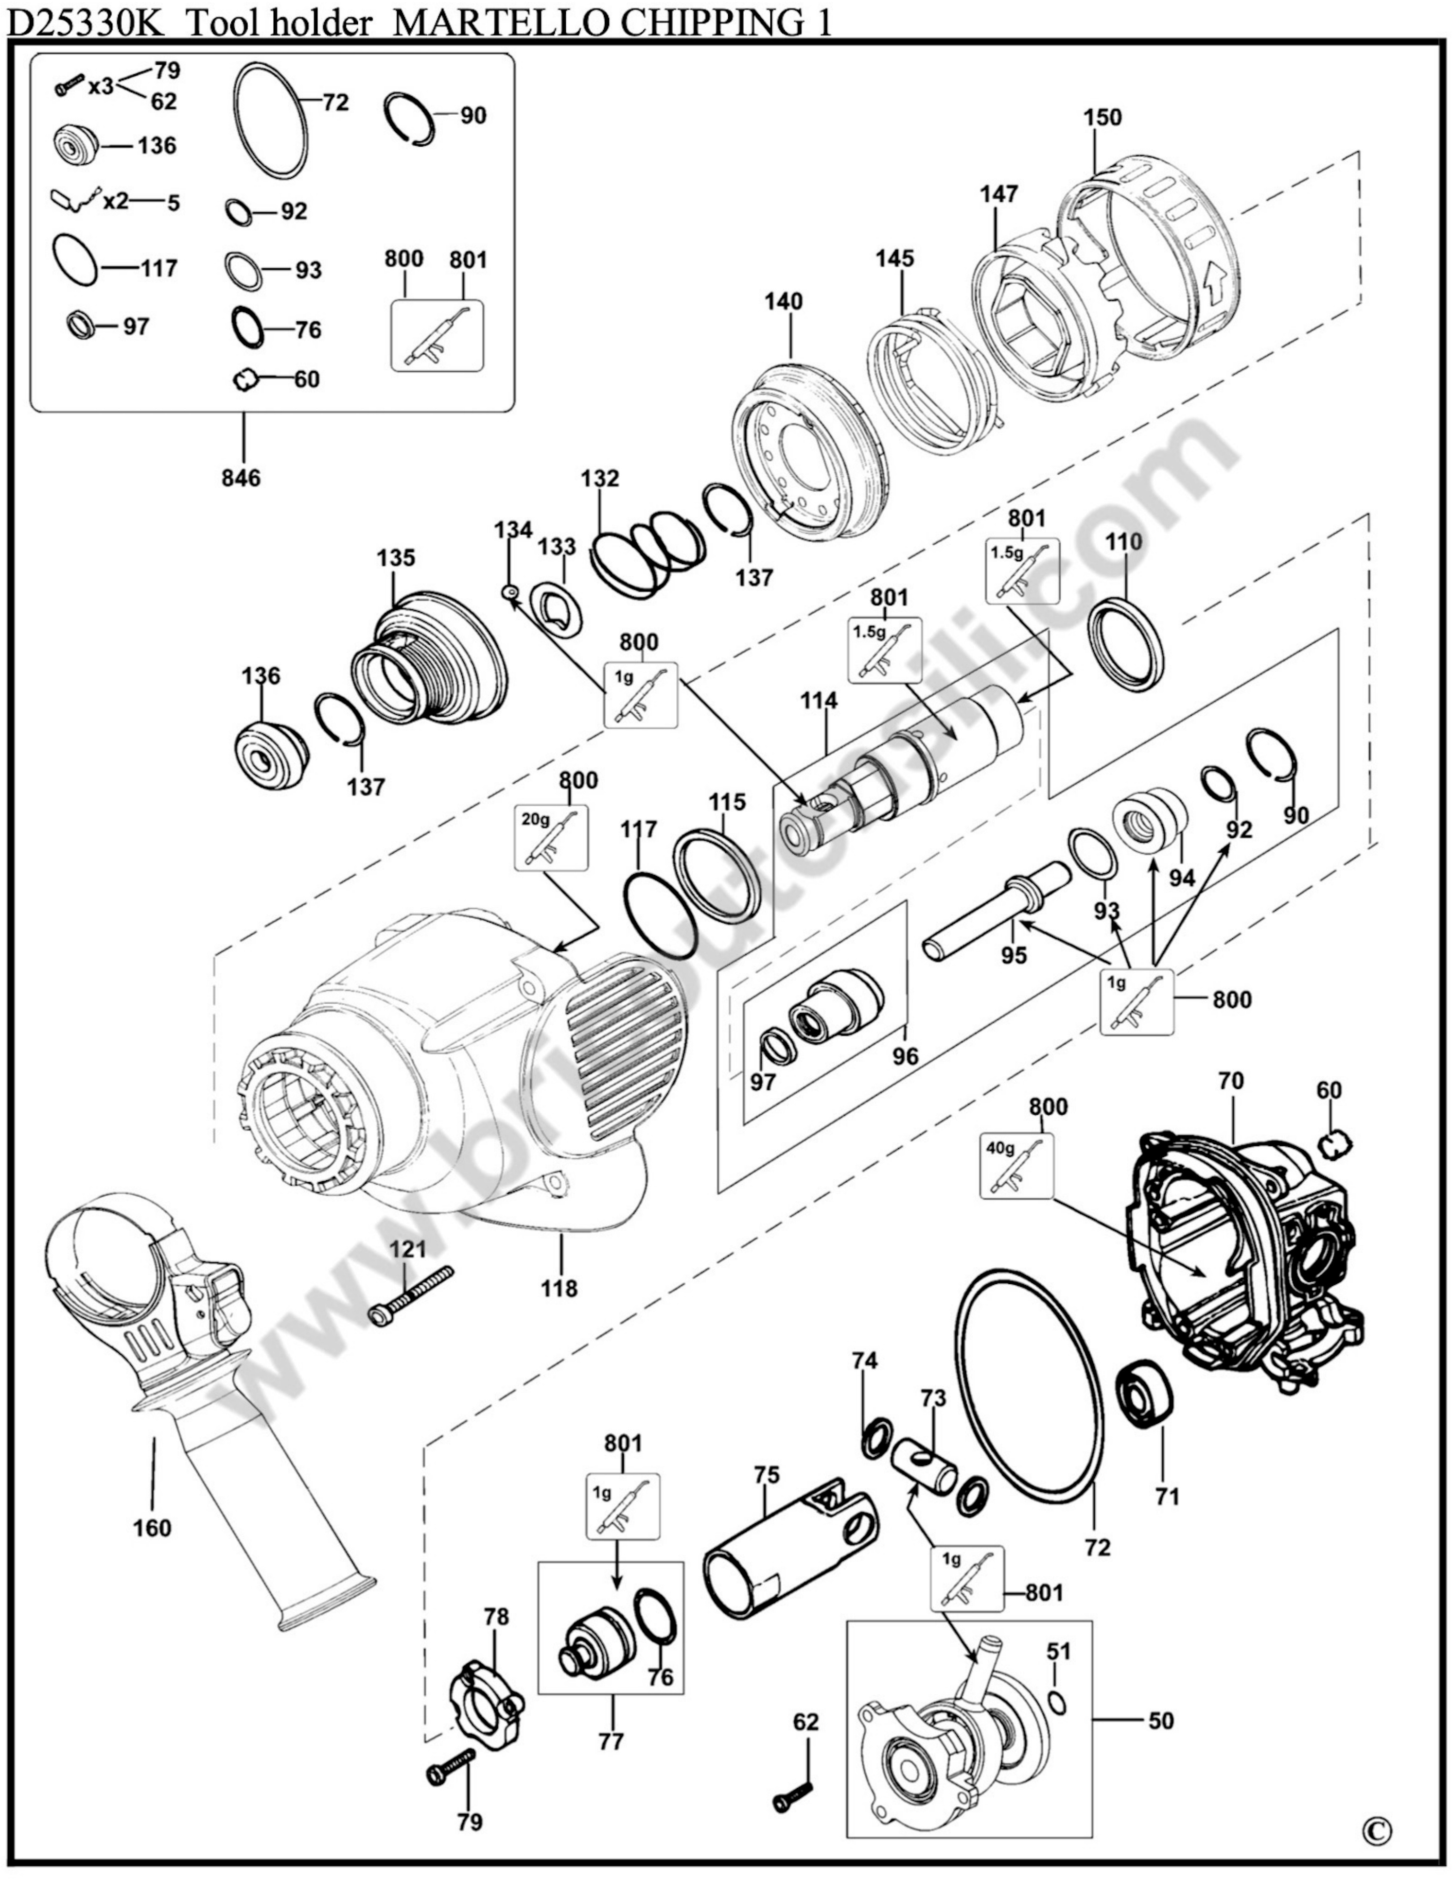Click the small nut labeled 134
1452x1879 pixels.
[x=509, y=591]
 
